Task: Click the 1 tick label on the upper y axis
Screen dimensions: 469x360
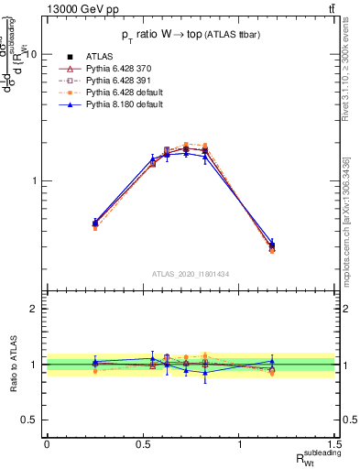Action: point(32,180)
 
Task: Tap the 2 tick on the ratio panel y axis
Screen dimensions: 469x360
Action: point(32,309)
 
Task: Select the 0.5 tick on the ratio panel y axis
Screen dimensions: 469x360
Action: point(27,420)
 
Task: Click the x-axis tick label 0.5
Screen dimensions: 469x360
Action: point(142,444)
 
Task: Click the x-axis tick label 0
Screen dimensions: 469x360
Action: point(46,444)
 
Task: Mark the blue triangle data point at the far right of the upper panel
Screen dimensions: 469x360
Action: point(272,244)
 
